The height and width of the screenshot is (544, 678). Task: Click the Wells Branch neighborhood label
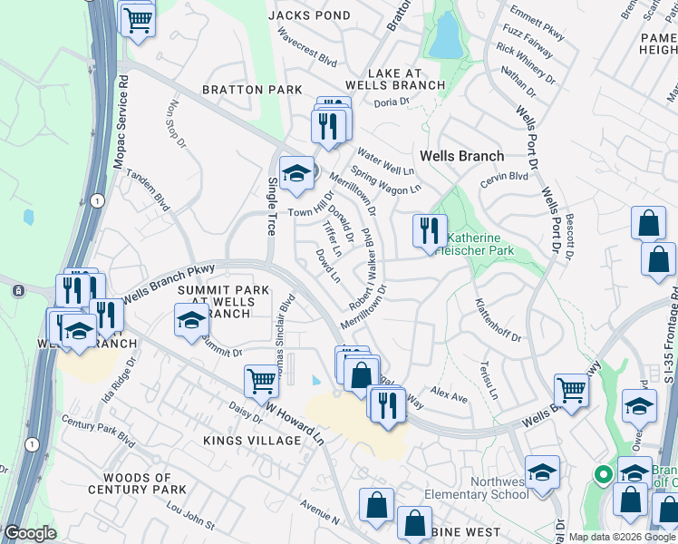click(x=461, y=156)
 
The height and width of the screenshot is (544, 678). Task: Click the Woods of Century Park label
click(x=131, y=483)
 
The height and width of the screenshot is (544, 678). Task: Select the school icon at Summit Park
click(x=191, y=320)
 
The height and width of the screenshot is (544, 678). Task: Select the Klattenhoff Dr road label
click(x=499, y=321)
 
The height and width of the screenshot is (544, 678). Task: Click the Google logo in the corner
click(x=31, y=533)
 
